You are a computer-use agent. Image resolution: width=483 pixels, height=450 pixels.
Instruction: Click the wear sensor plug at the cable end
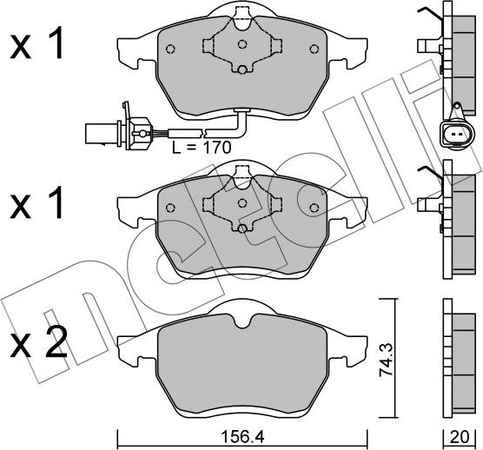[x=99, y=133]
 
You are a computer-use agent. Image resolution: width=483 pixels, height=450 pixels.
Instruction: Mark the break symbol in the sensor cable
[x=202, y=135]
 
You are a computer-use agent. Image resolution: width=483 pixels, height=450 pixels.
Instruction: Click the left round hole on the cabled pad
[x=170, y=48]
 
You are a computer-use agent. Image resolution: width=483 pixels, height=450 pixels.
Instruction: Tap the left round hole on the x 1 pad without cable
[x=170, y=206]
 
